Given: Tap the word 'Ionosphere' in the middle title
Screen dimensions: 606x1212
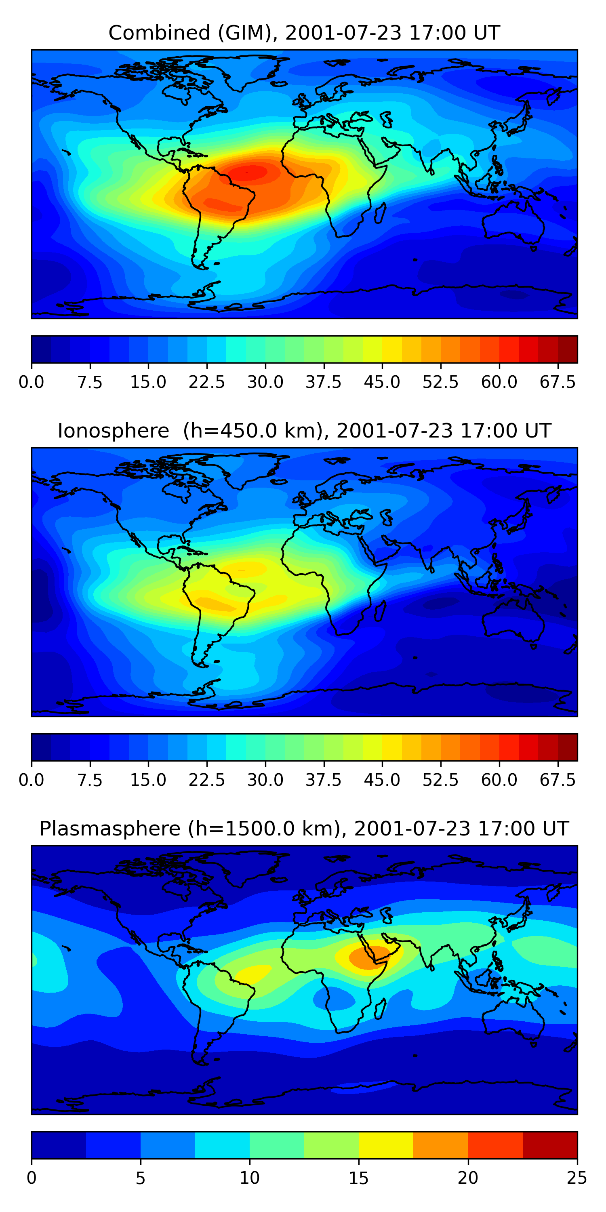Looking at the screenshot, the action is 113,431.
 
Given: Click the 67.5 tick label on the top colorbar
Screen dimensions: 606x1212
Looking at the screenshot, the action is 558,383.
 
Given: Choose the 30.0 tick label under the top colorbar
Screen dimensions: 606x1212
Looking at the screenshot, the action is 265,383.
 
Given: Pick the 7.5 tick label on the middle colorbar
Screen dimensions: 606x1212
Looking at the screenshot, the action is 90,781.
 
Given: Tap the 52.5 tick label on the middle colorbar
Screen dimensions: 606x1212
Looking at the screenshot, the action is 440,781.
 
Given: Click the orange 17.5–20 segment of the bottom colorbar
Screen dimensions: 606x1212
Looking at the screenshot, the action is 441,1145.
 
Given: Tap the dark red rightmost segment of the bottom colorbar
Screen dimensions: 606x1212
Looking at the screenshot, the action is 550,1145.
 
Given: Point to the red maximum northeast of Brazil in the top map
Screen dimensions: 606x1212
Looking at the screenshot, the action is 249,173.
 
